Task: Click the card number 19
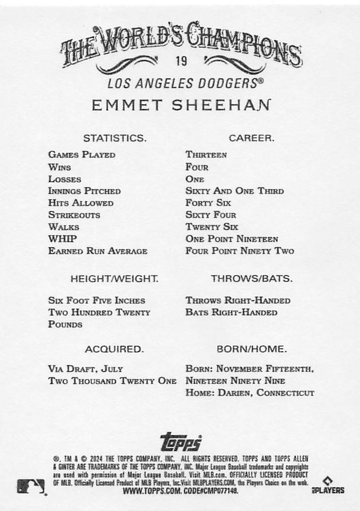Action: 182,61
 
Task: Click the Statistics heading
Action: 115,138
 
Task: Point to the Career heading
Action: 252,138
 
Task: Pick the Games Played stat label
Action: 82,155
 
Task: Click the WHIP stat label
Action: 62,239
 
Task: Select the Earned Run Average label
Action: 98,251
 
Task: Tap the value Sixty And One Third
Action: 235,191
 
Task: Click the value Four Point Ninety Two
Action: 240,251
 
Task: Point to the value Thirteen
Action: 206,155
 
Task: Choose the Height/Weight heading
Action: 114,279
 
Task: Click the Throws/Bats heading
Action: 252,279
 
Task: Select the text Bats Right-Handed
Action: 231,313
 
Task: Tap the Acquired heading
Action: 114,349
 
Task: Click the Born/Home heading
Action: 252,349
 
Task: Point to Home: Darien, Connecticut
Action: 250,393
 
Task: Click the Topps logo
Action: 180,441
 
